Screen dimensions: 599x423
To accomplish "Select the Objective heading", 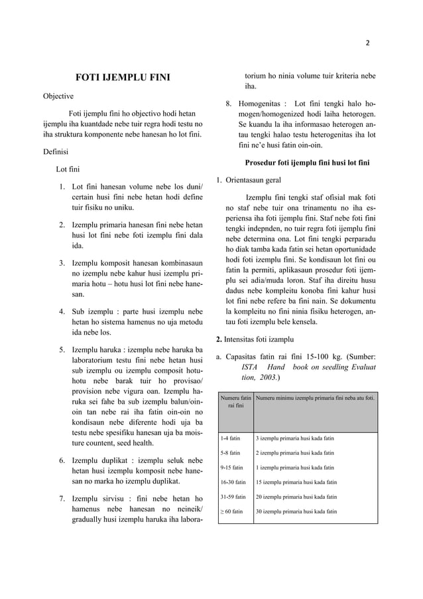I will [58, 96].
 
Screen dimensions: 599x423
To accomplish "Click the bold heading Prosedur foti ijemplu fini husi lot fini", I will [307, 163].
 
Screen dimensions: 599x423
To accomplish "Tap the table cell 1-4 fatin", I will [230, 438].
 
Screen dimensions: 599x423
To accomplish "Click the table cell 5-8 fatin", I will [230, 453].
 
